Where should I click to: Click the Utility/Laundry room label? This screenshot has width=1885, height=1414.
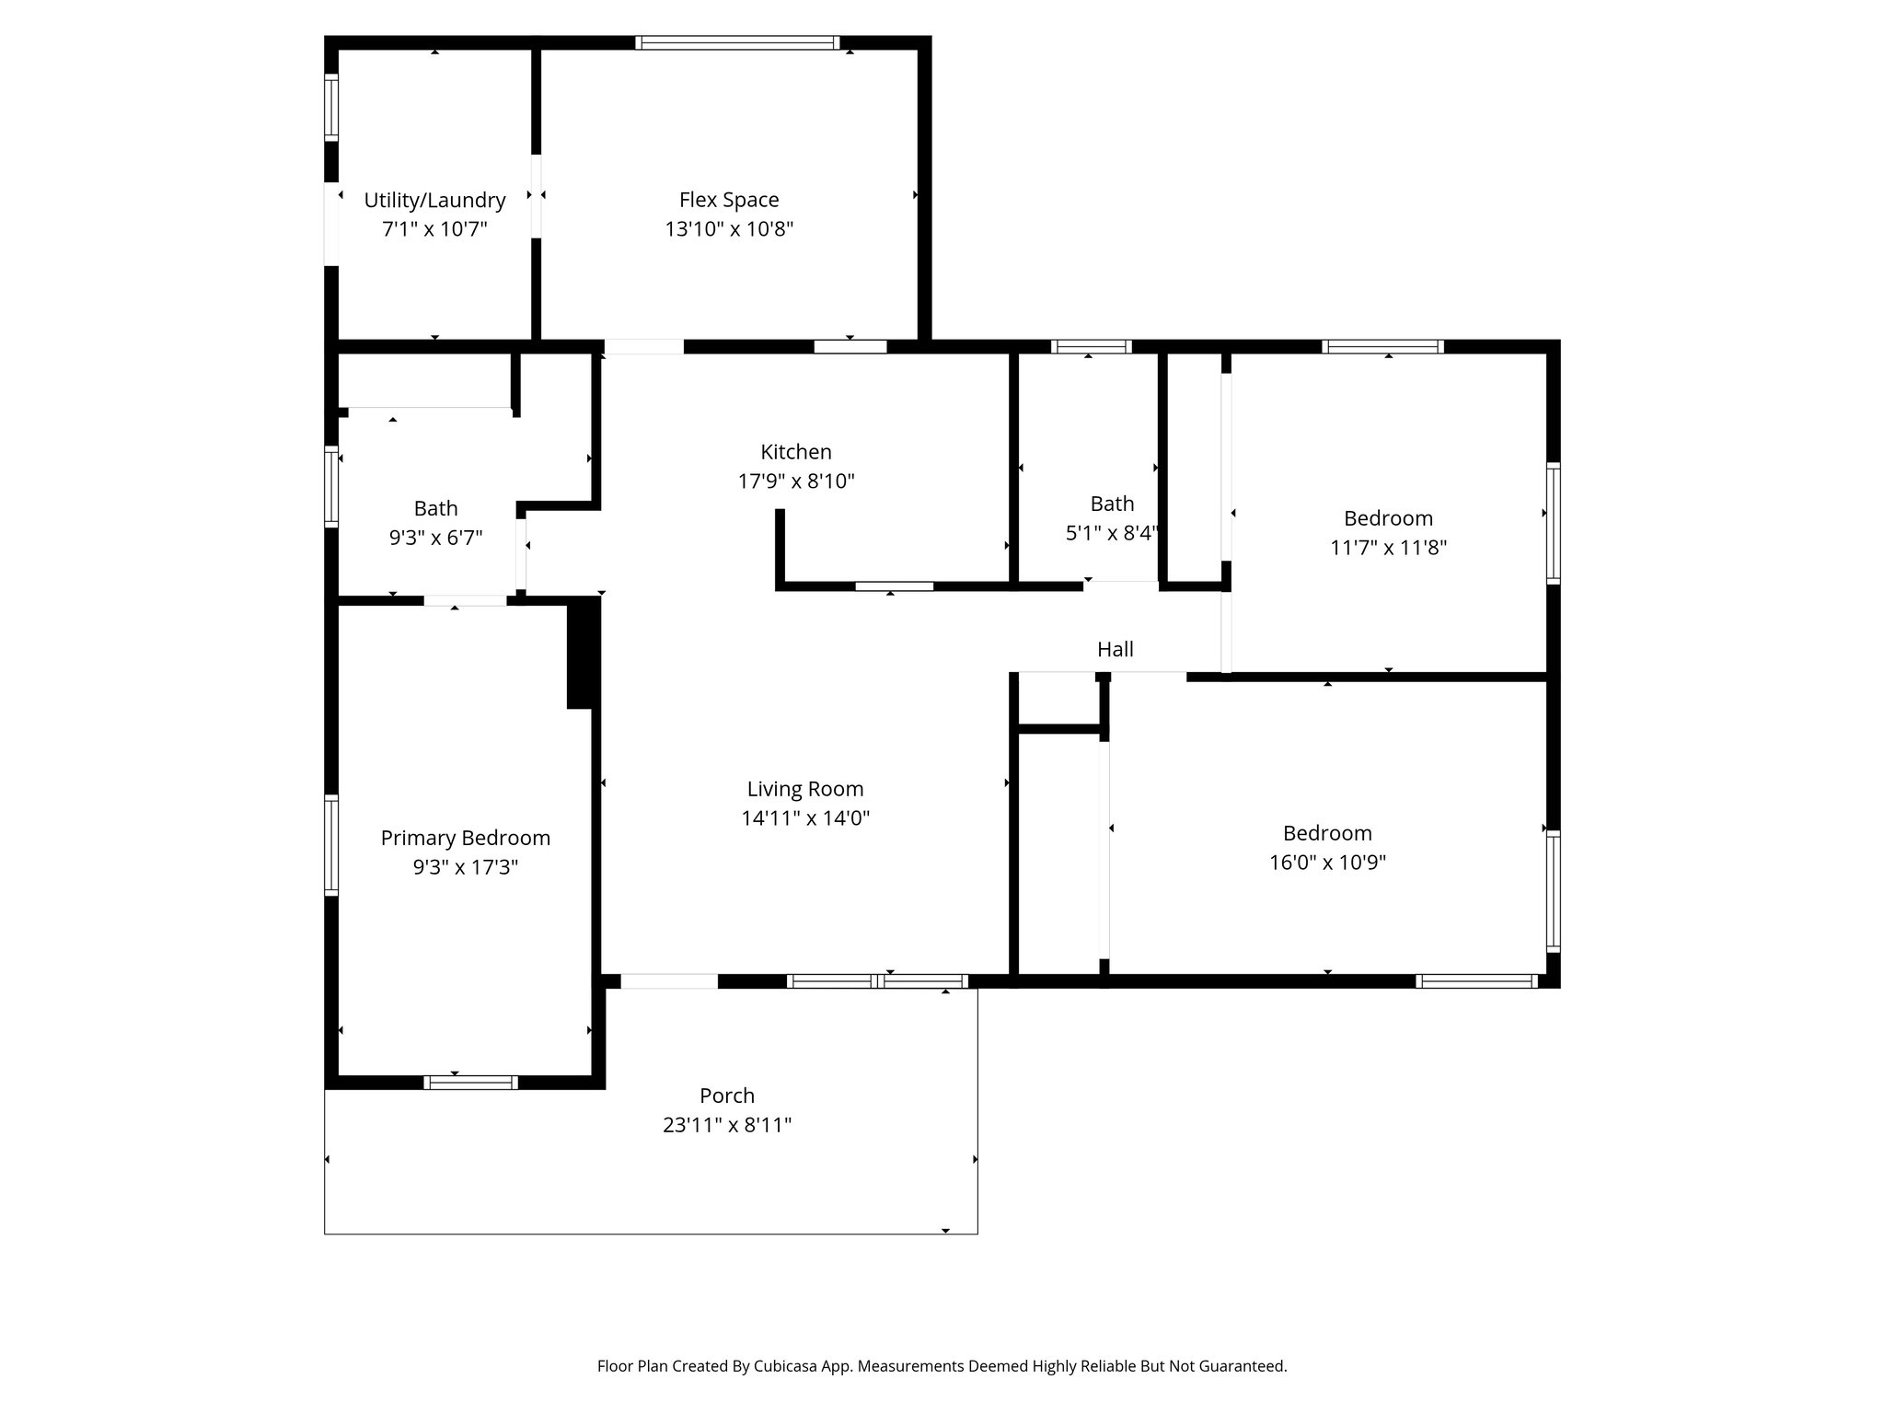(434, 200)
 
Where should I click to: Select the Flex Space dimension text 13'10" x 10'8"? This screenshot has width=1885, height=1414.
(729, 229)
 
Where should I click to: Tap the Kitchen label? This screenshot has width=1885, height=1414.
(796, 452)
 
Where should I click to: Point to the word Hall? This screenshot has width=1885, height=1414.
(1115, 650)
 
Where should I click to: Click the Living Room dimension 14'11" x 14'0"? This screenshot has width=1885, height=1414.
(805, 818)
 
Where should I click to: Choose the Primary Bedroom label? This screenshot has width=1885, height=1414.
(465, 838)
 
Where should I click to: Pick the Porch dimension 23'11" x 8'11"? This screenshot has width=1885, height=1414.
(727, 1125)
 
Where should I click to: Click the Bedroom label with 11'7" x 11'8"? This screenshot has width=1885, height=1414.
(1388, 518)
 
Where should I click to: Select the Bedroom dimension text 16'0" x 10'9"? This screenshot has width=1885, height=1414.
(1327, 863)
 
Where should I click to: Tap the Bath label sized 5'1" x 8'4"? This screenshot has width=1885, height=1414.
(1112, 504)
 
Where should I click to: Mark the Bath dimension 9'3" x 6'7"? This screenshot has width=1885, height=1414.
(435, 538)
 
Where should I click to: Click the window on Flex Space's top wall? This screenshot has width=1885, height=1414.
(737, 42)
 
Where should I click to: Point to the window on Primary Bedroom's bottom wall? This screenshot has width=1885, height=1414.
(470, 1083)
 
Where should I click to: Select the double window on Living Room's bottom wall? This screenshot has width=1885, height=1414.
(877, 981)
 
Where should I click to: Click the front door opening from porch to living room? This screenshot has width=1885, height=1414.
(669, 981)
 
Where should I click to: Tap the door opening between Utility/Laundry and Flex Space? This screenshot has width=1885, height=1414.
(536, 196)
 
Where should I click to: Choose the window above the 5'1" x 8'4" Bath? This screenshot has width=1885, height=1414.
(1091, 347)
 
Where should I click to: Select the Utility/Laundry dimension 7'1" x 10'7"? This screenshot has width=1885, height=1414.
(434, 229)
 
